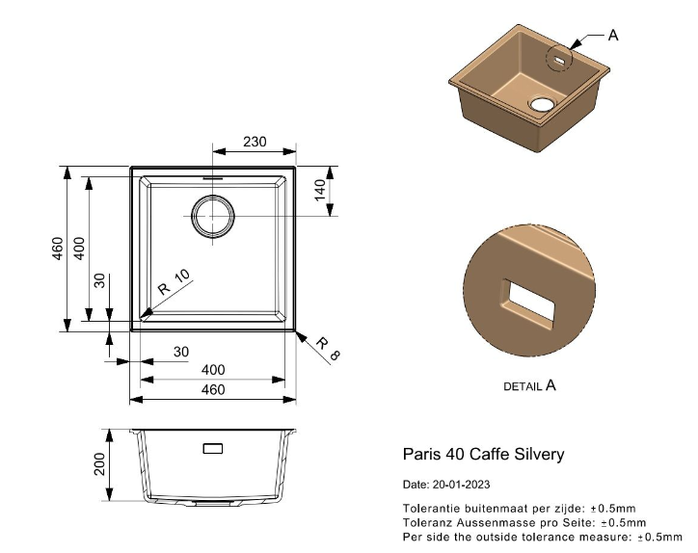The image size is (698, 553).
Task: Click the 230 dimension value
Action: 254,142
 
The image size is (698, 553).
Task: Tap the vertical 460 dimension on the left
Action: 58,249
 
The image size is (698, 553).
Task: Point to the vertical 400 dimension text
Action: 80,249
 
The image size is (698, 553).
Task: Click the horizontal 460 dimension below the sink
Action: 212,389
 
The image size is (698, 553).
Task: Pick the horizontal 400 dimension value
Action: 212,370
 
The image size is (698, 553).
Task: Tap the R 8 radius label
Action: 329,350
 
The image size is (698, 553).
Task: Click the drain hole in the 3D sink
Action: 543,103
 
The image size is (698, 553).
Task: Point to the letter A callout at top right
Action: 614,35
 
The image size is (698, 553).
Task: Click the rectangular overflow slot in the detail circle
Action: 529,301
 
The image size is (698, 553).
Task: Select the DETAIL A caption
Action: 530,385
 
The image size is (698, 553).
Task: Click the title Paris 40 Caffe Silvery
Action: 482,454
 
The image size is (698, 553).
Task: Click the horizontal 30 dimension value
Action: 180,353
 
